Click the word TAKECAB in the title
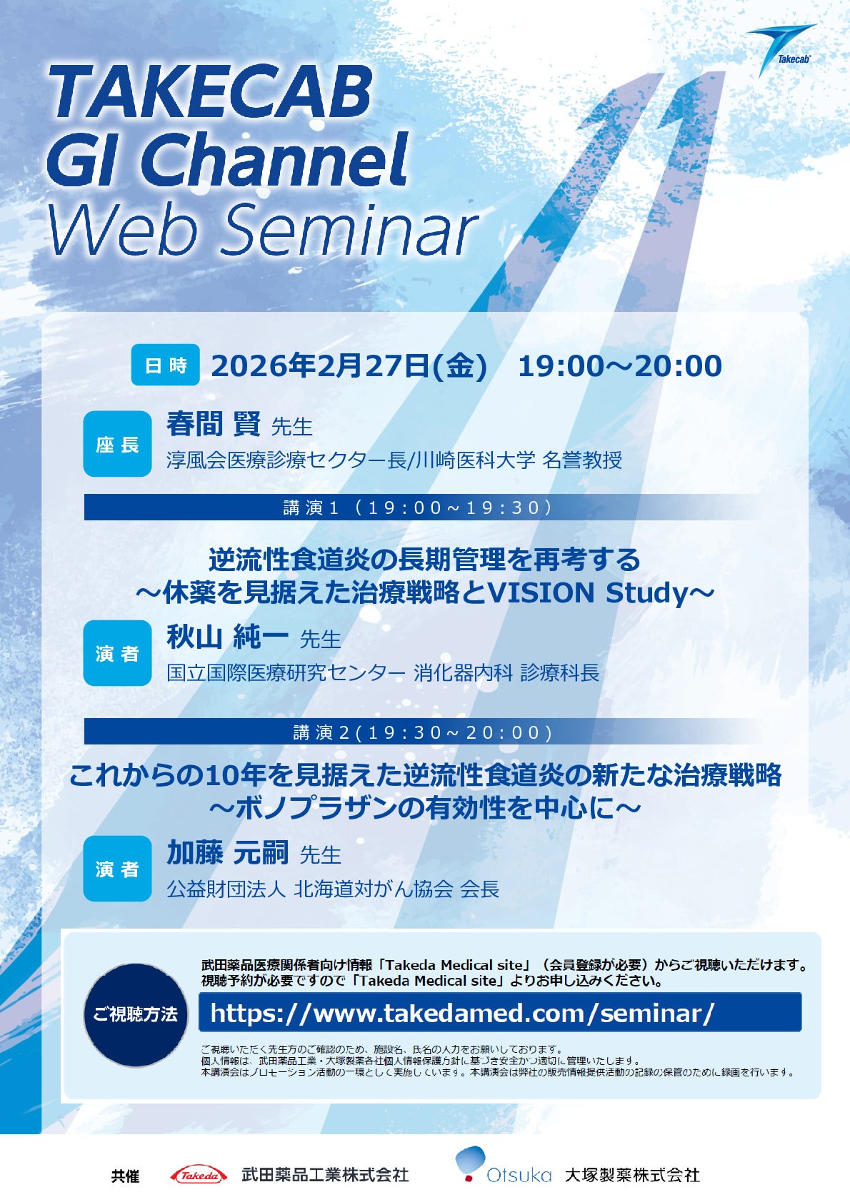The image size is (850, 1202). pyautogui.click(x=211, y=92)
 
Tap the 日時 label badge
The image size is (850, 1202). pyautogui.click(x=166, y=365)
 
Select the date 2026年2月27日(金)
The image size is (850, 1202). pyautogui.click(x=349, y=366)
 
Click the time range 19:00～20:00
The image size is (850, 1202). pyautogui.click(x=620, y=366)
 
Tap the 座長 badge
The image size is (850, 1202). pyautogui.click(x=117, y=444)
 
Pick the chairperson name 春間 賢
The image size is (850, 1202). pyautogui.click(x=213, y=424)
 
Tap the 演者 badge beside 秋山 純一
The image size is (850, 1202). pyautogui.click(x=117, y=653)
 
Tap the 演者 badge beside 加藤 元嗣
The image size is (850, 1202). pyautogui.click(x=117, y=868)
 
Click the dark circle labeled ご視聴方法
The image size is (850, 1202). pyautogui.click(x=135, y=1015)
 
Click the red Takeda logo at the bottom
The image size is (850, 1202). pyautogui.click(x=198, y=1175)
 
